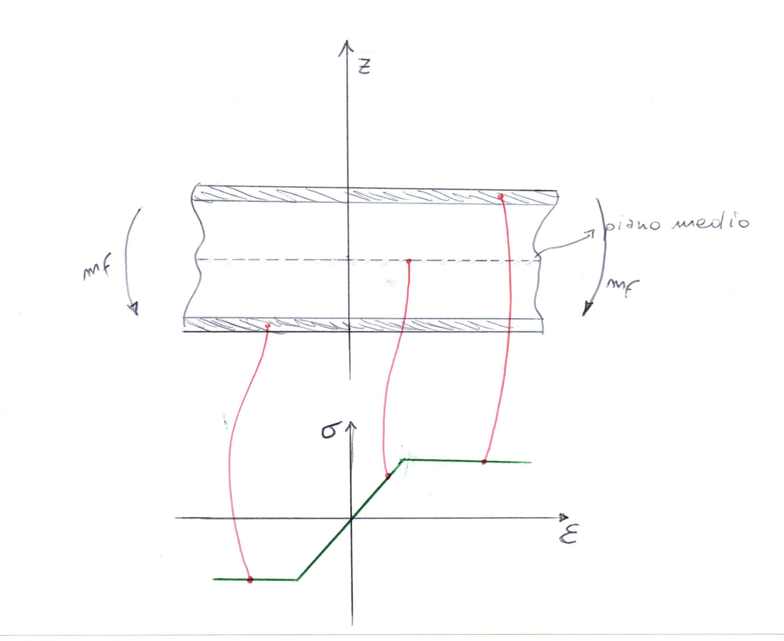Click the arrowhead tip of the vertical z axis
point(346,41)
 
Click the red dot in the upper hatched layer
point(500,197)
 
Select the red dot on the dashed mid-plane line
point(408,261)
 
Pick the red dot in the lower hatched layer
point(268,326)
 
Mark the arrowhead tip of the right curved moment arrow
point(584,315)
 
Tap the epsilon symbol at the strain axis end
point(568,534)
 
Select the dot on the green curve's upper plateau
point(484,461)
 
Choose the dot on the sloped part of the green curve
point(387,476)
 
